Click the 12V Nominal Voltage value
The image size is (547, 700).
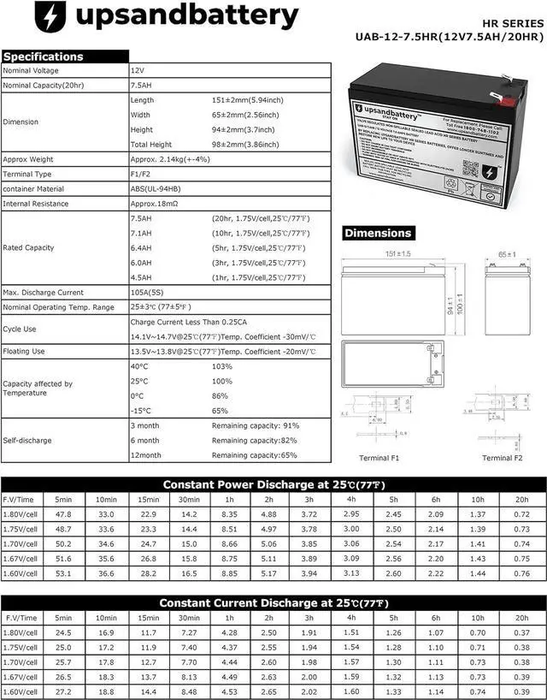(x=138, y=69)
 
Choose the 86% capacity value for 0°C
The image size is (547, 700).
(x=221, y=396)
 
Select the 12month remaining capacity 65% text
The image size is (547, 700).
(x=255, y=455)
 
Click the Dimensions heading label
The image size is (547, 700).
(x=378, y=233)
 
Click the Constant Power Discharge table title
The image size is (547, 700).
(x=273, y=483)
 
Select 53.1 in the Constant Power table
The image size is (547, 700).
(x=63, y=572)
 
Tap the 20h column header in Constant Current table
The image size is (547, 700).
(x=521, y=617)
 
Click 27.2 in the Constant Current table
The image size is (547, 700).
(x=63, y=691)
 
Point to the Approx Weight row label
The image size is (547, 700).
(x=28, y=159)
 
